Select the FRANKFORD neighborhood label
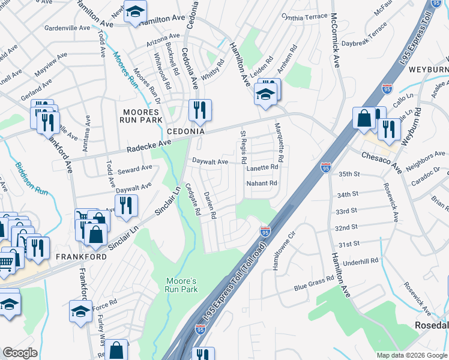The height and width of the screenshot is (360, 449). pyautogui.click(x=81, y=256)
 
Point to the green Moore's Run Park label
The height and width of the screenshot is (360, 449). pyautogui.click(x=181, y=285)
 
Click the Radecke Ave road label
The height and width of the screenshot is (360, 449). pyautogui.click(x=149, y=146)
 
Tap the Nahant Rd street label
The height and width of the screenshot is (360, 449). pyautogui.click(x=262, y=183)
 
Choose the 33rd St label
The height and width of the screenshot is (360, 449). pyautogui.click(x=346, y=212)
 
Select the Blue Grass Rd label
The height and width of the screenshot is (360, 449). pyautogui.click(x=314, y=284)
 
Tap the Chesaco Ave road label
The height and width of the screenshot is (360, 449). pyautogui.click(x=381, y=159)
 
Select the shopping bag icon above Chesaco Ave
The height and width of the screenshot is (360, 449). pyautogui.click(x=364, y=118)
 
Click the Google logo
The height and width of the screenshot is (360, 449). pyautogui.click(x=20, y=353)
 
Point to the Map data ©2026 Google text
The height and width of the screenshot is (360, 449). pyautogui.click(x=411, y=355)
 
